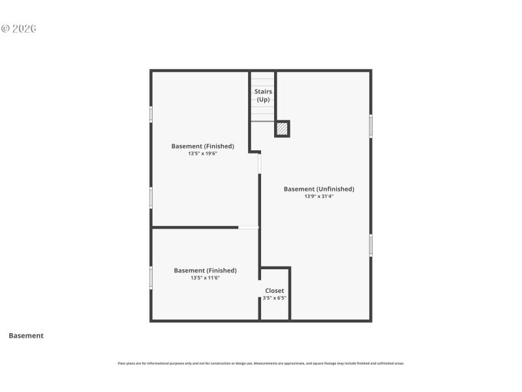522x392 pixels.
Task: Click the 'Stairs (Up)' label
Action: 263,95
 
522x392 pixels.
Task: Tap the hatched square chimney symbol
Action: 281,129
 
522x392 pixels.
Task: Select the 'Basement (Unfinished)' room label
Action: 318,189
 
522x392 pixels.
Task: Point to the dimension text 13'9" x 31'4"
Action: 318,197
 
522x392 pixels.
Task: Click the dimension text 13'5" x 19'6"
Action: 202,154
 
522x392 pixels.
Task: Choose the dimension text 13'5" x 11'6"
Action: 205,278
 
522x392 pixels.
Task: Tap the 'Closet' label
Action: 274,291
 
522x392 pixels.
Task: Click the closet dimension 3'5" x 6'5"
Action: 274,298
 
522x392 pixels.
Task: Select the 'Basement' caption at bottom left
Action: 26,336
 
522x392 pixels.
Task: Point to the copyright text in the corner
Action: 19,29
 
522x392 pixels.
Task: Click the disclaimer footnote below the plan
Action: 261,363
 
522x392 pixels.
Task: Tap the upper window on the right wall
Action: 371,126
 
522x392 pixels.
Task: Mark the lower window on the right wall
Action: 371,245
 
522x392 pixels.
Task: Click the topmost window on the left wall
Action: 151,114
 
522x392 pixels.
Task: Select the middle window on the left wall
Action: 151,197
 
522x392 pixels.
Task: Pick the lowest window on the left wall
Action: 151,278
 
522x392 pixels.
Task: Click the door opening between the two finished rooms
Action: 248,227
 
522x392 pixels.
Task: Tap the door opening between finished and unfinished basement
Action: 260,163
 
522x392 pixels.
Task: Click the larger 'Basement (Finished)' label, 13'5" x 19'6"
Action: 202,146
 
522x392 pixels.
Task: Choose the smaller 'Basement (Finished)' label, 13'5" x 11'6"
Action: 205,270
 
